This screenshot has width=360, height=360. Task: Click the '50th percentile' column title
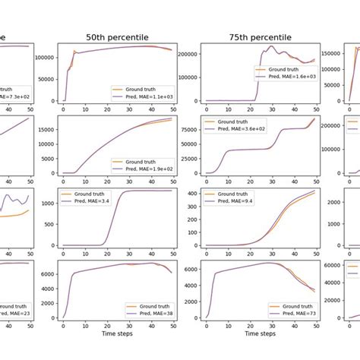[117, 36]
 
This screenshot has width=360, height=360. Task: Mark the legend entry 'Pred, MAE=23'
[15, 314]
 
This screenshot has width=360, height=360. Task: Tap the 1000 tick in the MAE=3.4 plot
[46, 203]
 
